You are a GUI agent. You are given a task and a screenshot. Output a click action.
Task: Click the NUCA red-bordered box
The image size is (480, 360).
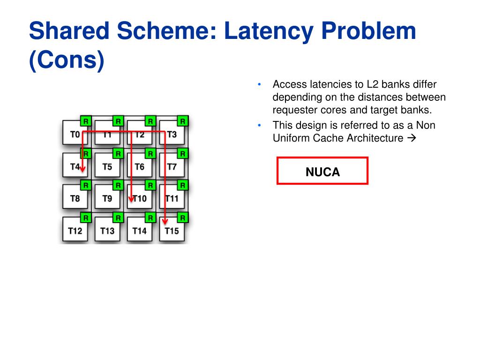tap(322, 171)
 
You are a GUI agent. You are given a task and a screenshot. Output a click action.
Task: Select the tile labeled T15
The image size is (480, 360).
tap(172, 231)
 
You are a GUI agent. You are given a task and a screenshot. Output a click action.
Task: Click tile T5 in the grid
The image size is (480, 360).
tap(107, 166)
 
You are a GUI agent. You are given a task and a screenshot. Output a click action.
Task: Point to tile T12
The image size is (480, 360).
tap(75, 231)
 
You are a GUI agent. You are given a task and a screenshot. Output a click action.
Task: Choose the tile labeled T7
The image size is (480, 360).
tap(172, 166)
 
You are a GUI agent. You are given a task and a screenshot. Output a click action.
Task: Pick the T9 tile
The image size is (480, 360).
tap(107, 198)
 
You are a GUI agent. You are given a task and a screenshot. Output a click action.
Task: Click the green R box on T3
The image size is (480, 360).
tap(183, 121)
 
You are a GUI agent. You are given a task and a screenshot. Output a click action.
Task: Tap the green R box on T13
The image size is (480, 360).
tap(118, 217)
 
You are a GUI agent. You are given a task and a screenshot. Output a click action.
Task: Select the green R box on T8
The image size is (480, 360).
tap(86, 186)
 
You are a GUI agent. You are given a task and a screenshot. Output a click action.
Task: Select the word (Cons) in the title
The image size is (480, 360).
tap(66, 61)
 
